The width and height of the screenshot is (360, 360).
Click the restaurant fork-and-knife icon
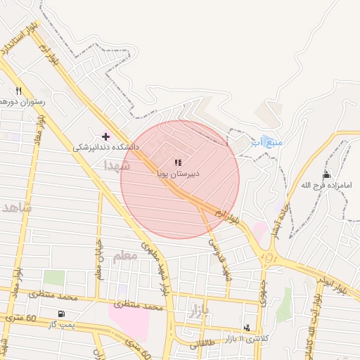[19, 91]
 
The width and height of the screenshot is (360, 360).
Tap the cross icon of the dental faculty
[105, 136]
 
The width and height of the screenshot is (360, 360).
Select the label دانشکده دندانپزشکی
[107, 148]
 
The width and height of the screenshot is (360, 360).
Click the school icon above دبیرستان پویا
[178, 162]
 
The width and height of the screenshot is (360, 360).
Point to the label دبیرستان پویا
[179, 172]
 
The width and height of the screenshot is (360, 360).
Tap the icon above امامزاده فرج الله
[326, 174]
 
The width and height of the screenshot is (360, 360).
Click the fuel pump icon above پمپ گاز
[62, 314]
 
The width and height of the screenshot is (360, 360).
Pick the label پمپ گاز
[61, 324]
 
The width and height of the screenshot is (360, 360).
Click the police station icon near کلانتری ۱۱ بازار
[247, 328]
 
